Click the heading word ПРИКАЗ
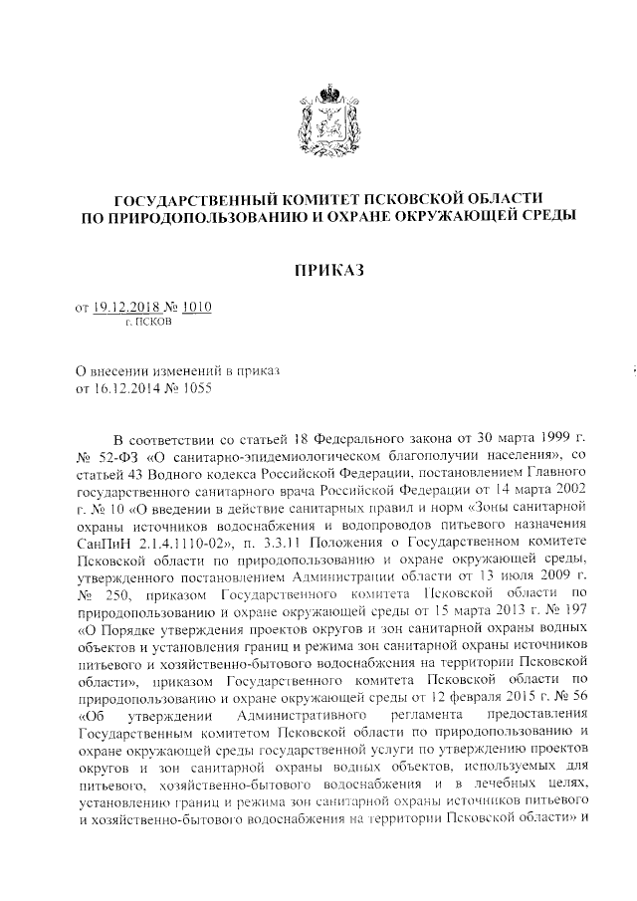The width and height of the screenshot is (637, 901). coord(327,270)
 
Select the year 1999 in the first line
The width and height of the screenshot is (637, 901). coord(538,438)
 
